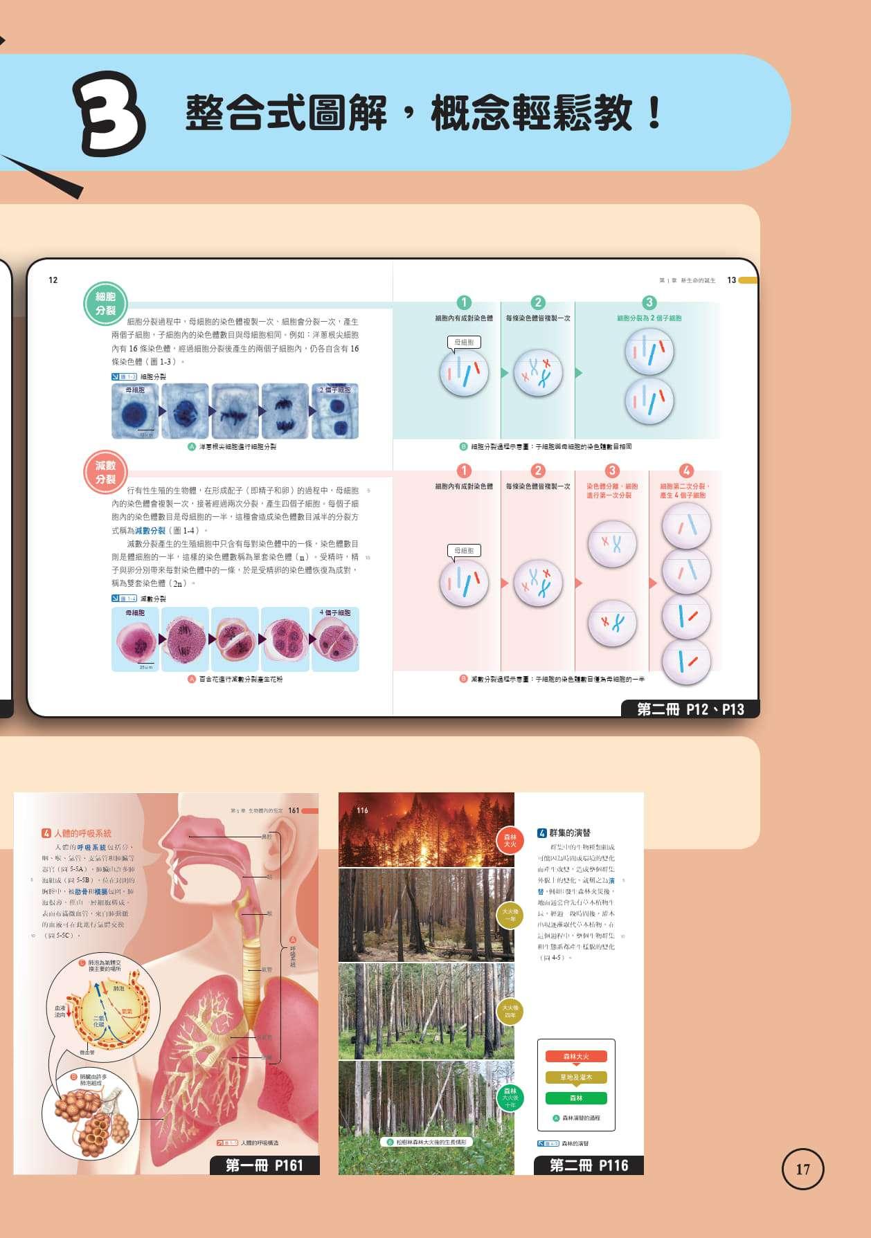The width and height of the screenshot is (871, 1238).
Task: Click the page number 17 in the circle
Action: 802,1169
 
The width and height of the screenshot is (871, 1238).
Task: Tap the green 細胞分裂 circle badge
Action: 105,304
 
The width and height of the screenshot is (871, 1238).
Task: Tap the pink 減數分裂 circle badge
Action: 105,473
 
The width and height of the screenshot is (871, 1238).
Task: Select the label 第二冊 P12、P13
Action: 690,709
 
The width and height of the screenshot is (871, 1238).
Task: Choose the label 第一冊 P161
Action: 264,1165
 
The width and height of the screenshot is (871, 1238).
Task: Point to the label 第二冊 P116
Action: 589,1165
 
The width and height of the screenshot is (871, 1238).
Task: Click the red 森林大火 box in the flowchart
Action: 576,1057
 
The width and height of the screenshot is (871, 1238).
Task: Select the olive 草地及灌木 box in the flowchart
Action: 576,1077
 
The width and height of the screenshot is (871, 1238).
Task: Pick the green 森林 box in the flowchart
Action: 576,1098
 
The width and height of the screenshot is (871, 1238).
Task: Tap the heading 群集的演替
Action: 564,833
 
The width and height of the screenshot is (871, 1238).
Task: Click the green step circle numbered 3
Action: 649,302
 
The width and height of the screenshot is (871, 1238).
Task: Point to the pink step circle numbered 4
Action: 686,471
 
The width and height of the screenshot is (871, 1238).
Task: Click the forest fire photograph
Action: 426,830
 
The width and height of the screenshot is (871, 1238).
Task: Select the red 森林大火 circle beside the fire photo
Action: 510,841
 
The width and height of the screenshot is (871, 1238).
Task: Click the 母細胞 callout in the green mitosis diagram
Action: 463,342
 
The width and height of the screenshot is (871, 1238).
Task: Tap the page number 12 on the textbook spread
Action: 53,280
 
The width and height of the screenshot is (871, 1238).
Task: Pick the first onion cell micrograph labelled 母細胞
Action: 135,411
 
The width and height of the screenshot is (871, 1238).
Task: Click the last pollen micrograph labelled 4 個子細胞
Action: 335,639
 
